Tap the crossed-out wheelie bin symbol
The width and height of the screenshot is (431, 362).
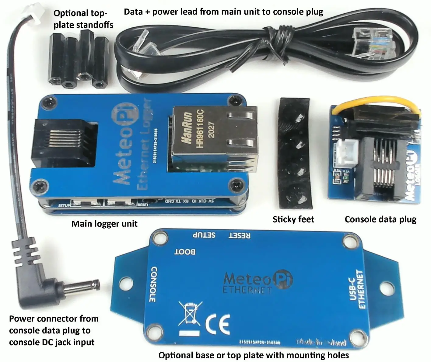click(x=190, y=315)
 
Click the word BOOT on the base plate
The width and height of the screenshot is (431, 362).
click(x=185, y=252)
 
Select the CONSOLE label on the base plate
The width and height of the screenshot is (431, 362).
click(x=154, y=284)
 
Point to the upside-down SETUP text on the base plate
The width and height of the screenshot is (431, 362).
click(x=204, y=235)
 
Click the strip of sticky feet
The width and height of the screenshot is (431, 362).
click(x=294, y=153)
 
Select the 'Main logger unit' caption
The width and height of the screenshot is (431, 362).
click(x=104, y=224)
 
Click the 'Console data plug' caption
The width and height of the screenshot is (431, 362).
click(x=380, y=219)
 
